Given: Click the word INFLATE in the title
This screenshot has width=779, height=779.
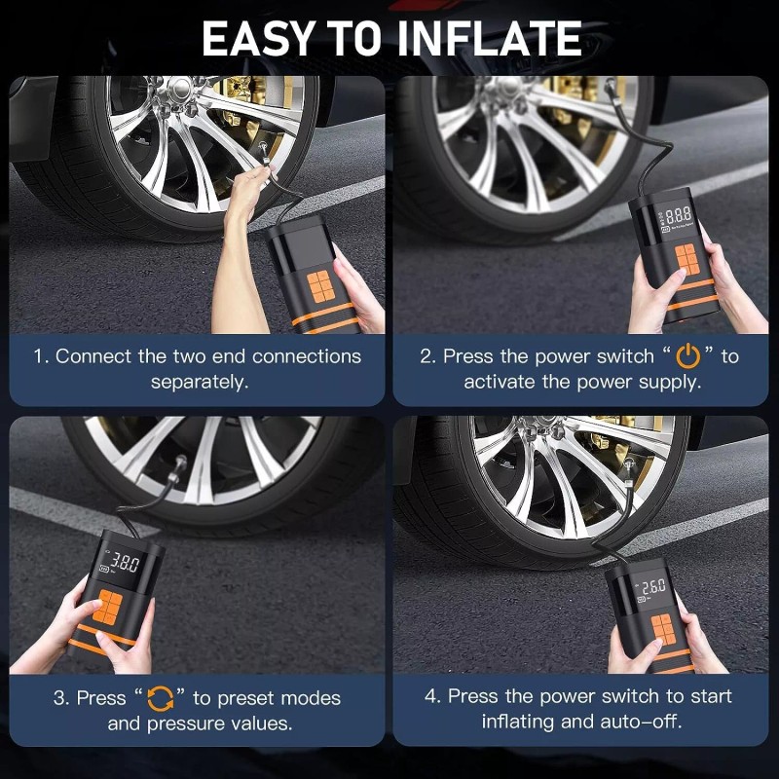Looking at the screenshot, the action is [490, 39].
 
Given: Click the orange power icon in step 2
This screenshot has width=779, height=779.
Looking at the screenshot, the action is [688, 355].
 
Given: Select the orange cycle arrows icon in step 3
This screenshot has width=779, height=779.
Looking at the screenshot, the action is [161, 698].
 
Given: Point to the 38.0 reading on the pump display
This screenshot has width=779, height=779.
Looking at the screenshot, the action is [125, 563].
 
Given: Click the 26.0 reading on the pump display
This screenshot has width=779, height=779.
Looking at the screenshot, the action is [653, 587].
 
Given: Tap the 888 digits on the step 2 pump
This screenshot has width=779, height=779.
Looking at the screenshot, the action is [678, 214].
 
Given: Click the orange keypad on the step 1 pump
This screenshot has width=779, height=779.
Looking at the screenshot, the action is [320, 286].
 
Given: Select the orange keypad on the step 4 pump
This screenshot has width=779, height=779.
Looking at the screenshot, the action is [664, 629].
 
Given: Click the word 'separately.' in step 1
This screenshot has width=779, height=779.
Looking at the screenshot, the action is [200, 382].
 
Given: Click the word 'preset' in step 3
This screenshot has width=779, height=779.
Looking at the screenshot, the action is [245, 698].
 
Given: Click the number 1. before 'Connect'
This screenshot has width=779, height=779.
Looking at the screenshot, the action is [41, 356].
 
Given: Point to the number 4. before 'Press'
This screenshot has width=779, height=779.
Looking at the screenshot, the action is [433, 696].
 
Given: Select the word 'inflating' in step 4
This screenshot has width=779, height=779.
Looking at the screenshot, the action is [518, 722].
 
